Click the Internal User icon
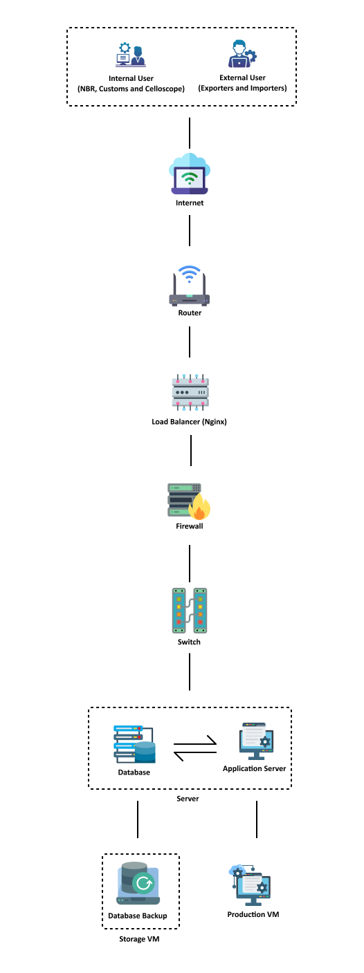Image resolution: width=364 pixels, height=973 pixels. tap(131, 55)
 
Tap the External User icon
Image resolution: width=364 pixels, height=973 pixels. tap(242, 54)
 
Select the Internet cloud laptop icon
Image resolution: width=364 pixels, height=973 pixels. tap(190, 174)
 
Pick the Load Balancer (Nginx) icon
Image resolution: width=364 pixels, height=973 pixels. tap(190, 392)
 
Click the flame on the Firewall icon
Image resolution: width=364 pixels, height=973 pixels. tap(199, 507)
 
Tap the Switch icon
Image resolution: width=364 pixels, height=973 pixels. tap(190, 611)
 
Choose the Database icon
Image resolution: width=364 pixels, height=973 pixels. tap(134, 744)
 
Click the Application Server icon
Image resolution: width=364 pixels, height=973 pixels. tap(256, 741)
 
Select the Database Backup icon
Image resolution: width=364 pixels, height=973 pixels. tap(138, 884)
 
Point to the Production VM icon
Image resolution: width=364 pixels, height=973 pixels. tap(251, 885)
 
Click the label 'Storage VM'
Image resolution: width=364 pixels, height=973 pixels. tap(139, 938)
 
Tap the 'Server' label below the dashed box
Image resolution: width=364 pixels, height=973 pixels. tap(188, 798)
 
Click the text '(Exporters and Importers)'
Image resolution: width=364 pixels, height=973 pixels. tap(242, 89)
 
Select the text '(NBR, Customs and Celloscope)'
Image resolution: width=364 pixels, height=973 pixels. tap(131, 89)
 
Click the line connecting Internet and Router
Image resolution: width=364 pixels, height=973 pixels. tap(190, 231)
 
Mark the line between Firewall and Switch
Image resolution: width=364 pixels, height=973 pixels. tap(190, 564)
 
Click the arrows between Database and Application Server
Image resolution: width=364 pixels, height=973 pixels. tap(195, 748)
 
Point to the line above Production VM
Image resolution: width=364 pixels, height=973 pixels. tap(257, 819)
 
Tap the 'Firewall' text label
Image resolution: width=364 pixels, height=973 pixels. tap(189, 526)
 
